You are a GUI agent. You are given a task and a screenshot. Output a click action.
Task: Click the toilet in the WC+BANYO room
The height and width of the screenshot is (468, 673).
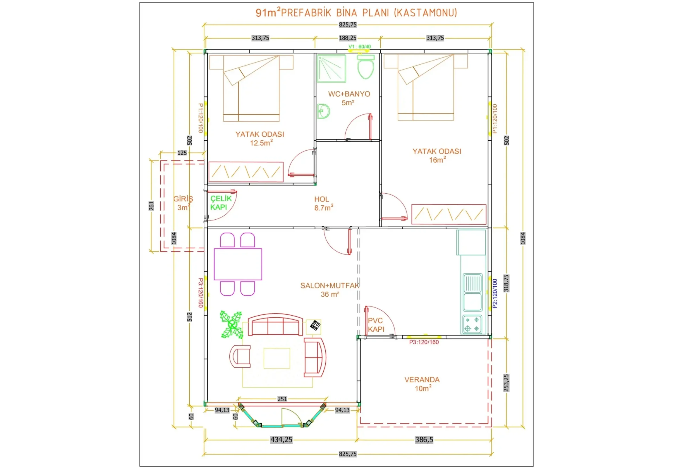click(x=365, y=67)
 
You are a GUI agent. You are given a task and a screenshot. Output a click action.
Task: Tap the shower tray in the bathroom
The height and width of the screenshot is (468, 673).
click(x=332, y=68)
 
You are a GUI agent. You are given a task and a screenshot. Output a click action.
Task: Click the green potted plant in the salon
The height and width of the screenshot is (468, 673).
click(x=231, y=325)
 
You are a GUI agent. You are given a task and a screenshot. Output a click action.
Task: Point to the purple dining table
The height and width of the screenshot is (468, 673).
click(x=238, y=264)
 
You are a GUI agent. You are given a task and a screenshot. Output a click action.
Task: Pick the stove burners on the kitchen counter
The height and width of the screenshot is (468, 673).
click(x=472, y=324)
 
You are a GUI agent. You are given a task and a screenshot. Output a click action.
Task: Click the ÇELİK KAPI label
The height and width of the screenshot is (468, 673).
click(x=221, y=203)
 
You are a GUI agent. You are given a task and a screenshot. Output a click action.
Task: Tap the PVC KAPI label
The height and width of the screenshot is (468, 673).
click(x=376, y=325)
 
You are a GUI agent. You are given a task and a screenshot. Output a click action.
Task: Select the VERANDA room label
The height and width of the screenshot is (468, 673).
click(x=422, y=380)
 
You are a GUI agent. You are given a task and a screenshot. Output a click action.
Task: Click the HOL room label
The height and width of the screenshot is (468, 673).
click(x=322, y=199)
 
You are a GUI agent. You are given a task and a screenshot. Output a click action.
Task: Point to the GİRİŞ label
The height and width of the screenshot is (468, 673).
click(x=183, y=199)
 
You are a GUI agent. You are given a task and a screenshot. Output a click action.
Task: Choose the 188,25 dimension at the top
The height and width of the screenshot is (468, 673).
click(x=348, y=38)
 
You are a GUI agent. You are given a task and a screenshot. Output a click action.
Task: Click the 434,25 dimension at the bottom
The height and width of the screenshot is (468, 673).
click(x=281, y=440)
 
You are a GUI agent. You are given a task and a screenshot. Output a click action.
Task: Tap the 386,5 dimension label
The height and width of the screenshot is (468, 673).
click(x=424, y=440)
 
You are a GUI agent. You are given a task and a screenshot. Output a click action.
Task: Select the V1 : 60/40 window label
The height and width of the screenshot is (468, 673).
click(x=360, y=47)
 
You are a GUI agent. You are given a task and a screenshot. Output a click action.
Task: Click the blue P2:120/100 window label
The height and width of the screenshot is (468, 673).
click(x=495, y=293)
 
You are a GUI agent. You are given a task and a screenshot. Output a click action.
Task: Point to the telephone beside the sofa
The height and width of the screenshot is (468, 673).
click(x=315, y=325)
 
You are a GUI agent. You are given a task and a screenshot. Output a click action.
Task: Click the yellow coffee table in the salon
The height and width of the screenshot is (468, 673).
click(x=277, y=358)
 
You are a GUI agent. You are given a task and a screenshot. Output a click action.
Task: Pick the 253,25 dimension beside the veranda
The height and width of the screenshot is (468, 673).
click(x=506, y=383)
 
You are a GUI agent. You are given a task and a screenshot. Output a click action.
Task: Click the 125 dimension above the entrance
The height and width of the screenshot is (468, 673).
click(x=182, y=153)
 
